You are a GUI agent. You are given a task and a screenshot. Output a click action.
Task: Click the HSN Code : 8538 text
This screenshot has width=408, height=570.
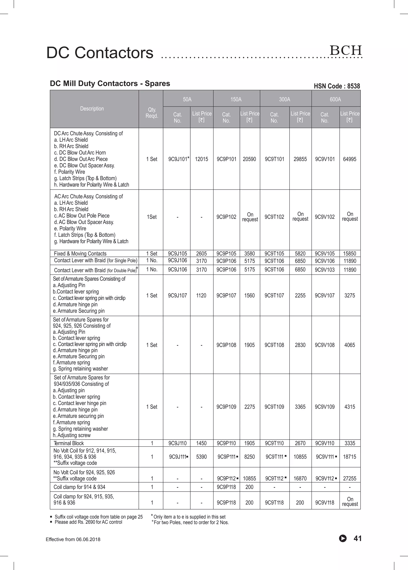coord(337,86)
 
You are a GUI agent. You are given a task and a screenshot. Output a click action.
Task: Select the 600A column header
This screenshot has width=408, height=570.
coord(335,100)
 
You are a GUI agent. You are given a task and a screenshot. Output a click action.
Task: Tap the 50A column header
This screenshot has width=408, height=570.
coord(187,100)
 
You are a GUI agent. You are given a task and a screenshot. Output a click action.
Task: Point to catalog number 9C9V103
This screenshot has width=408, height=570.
coord(325,270)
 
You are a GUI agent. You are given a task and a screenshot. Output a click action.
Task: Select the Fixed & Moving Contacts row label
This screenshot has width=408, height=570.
coord(80,253)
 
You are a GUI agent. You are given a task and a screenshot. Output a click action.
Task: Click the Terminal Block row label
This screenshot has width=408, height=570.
coord(69,443)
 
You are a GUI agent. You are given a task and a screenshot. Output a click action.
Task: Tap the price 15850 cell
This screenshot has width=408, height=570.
coord(350,253)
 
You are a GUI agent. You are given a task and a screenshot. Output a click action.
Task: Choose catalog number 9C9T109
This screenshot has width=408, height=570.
coord(274,406)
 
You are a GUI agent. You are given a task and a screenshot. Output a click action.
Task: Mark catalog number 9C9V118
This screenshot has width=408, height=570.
coord(325,502)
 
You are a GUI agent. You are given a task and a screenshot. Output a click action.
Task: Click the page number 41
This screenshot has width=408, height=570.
coord(358,538)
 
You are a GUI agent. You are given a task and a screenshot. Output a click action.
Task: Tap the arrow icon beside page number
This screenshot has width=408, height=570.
coord(343,538)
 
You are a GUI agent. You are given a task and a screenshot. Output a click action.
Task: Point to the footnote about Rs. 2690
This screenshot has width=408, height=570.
coord(88,522)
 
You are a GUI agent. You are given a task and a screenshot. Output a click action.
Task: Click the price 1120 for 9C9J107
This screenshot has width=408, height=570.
coord(201,296)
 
